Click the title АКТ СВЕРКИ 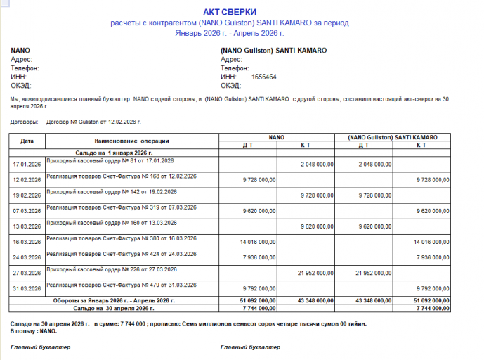point(230,12)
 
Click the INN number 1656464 point(263,77)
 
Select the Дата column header point(27,141)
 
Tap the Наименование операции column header point(131,141)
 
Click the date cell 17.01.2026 point(27,164)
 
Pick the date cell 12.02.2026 point(27,180)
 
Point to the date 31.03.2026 point(27,288)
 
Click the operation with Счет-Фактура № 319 point(121,206)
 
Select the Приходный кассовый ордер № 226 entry point(112,269)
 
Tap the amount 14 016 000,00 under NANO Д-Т point(257,241)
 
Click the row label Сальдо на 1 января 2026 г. point(114,152)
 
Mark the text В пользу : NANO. point(34,330)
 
